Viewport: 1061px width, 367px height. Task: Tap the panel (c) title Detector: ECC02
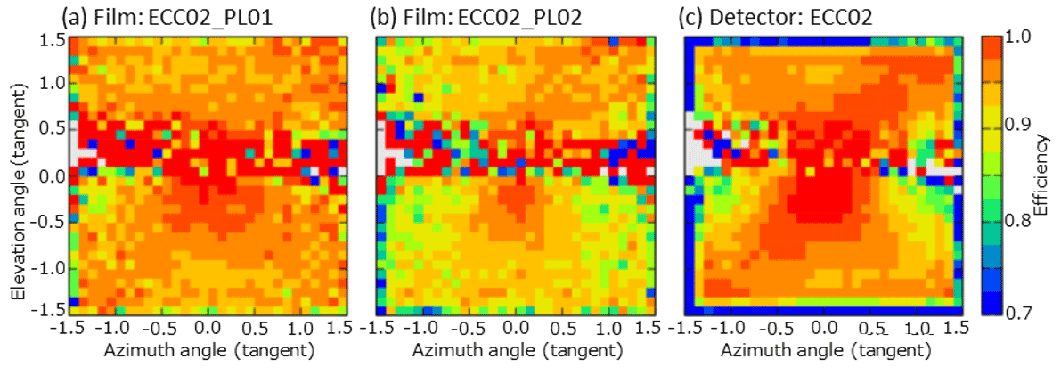tap(783, 16)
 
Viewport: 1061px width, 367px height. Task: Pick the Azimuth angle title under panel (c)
tap(823, 350)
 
